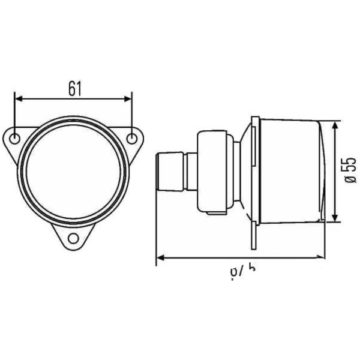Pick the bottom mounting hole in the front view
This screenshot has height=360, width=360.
pyautogui.click(x=73, y=238)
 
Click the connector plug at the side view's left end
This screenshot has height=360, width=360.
pyautogui.click(x=170, y=172)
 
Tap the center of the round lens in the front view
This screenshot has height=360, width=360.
pyautogui.click(x=73, y=171)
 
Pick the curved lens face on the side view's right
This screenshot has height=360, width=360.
pyautogui.click(x=323, y=171)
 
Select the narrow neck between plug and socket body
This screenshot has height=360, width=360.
pyautogui.click(x=191, y=172)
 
